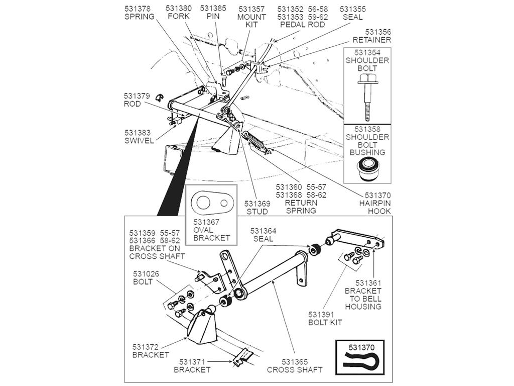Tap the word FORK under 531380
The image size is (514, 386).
click(179, 17)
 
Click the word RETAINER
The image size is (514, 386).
click(372, 40)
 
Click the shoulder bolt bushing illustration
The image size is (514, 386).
click(367, 169)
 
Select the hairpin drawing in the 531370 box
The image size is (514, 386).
click(360, 360)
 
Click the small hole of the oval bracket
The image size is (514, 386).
click(224, 203)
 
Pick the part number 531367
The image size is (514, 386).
click(206, 222)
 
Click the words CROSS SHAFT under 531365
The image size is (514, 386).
click(294, 369)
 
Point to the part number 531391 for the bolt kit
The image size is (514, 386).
click(321, 315)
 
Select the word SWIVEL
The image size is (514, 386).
click(139, 141)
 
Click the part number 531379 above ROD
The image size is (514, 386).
click(137, 96)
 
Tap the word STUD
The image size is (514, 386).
click(257, 212)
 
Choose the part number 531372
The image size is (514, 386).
click(146, 347)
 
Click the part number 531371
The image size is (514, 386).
click(192, 362)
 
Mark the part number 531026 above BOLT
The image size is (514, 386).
click(146, 274)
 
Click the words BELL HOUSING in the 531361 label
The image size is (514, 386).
click(363, 303)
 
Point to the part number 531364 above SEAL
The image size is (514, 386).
click(263, 231)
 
